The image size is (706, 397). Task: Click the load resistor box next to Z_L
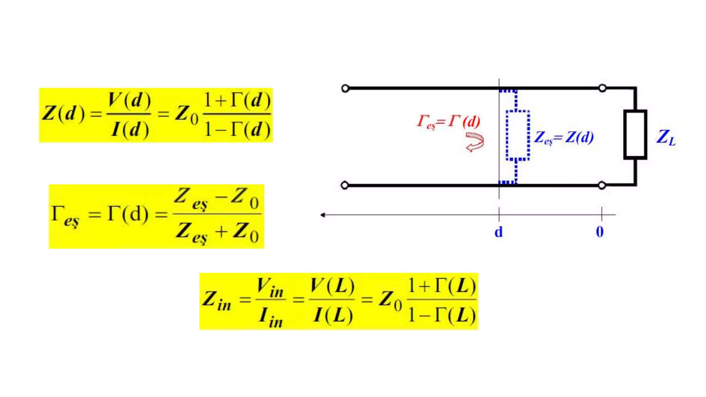(635, 134)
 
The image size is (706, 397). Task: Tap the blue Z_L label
(666, 138)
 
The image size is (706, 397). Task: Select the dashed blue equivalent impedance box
(517, 135)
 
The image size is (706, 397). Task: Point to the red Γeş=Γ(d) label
(448, 122)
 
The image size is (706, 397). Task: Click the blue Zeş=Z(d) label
(564, 138)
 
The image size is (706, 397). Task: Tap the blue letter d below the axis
(498, 232)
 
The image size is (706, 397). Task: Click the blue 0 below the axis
(600, 232)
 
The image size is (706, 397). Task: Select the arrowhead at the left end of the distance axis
(323, 215)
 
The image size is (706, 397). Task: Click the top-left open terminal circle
(345, 89)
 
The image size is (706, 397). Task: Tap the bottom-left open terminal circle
(344, 185)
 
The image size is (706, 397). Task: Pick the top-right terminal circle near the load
(602, 88)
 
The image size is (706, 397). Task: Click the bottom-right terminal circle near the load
(602, 185)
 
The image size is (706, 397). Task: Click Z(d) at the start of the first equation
(63, 113)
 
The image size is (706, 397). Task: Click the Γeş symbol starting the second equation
(65, 216)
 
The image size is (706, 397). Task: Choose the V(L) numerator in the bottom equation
(332, 286)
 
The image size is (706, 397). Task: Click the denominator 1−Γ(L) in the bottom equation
(442, 315)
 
